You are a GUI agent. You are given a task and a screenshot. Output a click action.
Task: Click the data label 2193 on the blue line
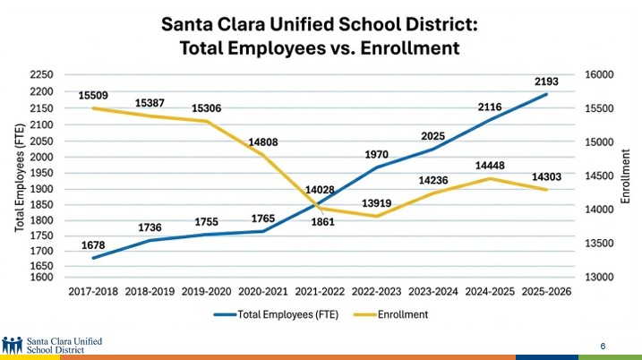pos(546,81)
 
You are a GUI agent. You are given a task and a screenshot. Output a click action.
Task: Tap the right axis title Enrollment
pos(626,176)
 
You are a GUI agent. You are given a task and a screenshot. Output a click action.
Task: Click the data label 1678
pos(94,244)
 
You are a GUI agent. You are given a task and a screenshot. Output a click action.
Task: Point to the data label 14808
pos(263,141)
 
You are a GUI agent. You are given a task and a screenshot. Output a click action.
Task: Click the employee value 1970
pos(376,155)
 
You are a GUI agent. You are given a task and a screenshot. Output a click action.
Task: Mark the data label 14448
pos(490,166)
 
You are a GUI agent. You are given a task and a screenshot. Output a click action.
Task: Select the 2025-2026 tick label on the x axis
pos(546,292)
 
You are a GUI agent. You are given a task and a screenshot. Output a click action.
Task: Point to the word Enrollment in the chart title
pos(415,47)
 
